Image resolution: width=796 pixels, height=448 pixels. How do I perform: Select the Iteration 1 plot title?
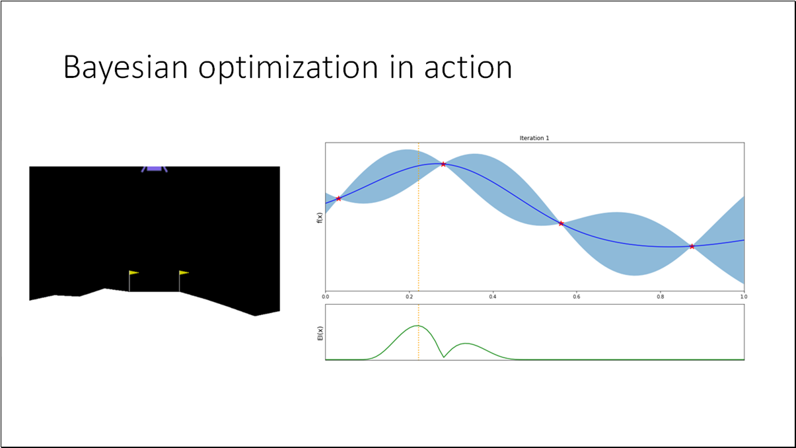534,138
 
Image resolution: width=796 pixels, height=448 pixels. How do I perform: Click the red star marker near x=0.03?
339,198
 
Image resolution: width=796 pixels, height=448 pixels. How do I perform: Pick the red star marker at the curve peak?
443,164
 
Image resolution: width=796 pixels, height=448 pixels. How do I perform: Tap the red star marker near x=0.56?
561,223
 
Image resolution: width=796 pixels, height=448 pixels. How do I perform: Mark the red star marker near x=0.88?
692,246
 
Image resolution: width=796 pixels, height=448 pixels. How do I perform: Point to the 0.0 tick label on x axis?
326,297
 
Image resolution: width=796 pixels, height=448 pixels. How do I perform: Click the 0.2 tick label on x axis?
409,297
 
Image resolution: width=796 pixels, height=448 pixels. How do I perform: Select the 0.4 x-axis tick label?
493,297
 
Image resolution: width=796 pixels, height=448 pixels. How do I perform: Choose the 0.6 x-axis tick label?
577,297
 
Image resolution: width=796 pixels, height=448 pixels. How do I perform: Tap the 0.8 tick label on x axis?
661,297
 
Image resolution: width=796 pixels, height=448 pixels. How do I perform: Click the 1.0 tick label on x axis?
744,297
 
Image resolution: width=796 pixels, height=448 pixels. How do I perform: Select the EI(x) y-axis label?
319,332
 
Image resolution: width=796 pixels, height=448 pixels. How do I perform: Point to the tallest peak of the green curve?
417,326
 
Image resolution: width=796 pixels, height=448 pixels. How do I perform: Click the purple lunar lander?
154,168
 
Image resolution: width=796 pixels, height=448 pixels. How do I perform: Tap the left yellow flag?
133,272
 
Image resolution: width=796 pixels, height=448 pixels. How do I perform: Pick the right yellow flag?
184,272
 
